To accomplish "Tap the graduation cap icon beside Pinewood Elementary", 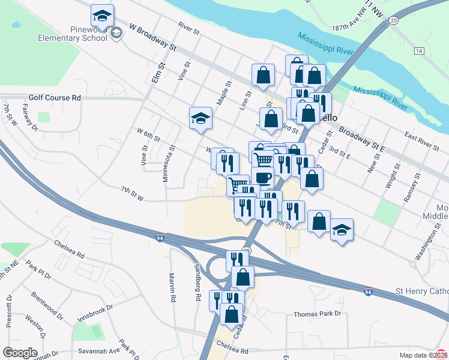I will pyautogui.click(x=103, y=16).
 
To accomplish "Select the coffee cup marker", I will pyautogui.click(x=262, y=176).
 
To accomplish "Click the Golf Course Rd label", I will pyautogui.click(x=54, y=97).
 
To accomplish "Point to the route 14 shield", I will pyautogui.click(x=418, y=51).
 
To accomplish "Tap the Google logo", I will pyautogui.click(x=20, y=353).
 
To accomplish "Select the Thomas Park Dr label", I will pyautogui.click(x=317, y=314).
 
